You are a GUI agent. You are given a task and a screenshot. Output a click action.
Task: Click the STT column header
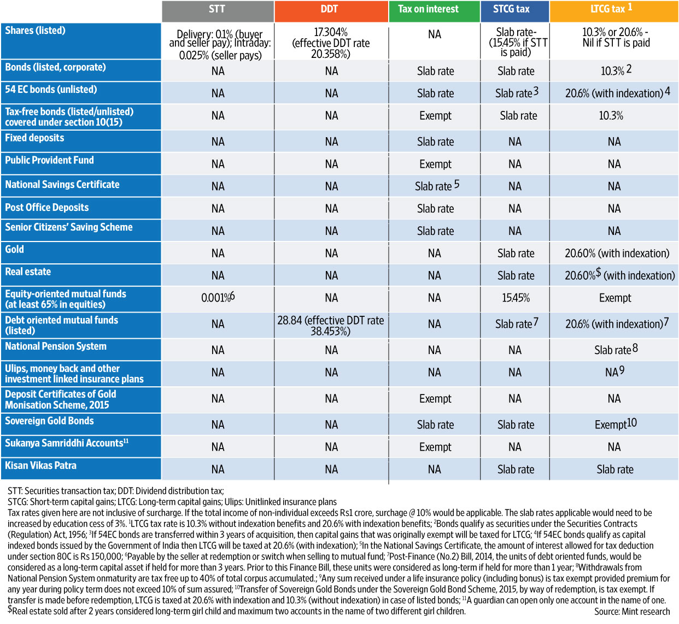pyautogui.click(x=217, y=9)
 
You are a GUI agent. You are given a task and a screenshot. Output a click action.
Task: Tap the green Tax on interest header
pyautogui.click(x=428, y=9)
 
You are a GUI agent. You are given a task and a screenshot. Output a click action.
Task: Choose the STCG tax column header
pyautogui.click(x=511, y=9)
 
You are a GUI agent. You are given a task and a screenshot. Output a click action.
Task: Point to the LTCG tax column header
pyautogui.click(x=611, y=9)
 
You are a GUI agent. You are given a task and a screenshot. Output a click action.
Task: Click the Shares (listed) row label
pyautogui.click(x=35, y=31)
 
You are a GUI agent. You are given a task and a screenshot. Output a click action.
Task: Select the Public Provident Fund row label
pyautogui.click(x=49, y=161)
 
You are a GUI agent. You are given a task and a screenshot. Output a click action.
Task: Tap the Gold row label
pyautogui.click(x=15, y=250)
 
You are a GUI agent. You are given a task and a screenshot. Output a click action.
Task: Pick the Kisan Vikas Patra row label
pyautogui.click(x=40, y=466)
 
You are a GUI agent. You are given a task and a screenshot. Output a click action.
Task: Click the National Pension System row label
pyautogui.click(x=56, y=346)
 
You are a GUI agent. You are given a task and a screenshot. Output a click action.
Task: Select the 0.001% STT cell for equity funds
pyautogui.click(x=218, y=298)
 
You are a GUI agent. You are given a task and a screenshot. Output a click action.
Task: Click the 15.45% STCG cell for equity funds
pyautogui.click(x=516, y=298)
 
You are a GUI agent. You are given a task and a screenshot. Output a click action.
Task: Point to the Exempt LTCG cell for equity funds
pyautogui.click(x=614, y=298)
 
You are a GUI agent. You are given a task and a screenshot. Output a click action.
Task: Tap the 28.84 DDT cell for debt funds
pyautogui.click(x=330, y=326)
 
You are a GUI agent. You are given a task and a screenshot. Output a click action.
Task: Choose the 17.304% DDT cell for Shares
pyautogui.click(x=331, y=43)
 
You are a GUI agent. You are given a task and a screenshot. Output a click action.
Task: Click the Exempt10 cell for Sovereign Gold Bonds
pyautogui.click(x=616, y=425)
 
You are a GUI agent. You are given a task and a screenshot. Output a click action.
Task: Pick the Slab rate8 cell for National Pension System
pyautogui.click(x=616, y=350)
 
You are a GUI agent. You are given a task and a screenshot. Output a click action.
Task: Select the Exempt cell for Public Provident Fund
pyautogui.click(x=435, y=164)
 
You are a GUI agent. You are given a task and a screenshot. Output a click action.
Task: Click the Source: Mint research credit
pyautogui.click(x=632, y=612)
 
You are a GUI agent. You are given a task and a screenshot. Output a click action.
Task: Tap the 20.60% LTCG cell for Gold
pyautogui.click(x=617, y=254)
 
